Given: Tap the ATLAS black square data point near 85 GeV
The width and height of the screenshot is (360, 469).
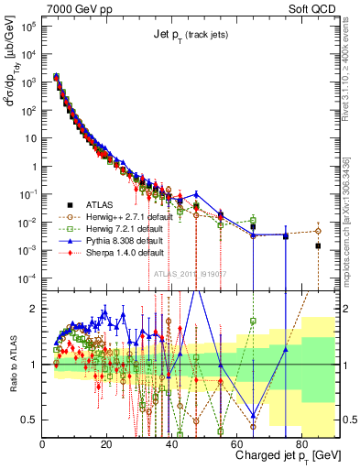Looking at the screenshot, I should tap(318, 245).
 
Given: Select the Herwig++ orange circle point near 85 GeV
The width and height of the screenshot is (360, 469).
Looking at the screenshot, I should tap(318, 231).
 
